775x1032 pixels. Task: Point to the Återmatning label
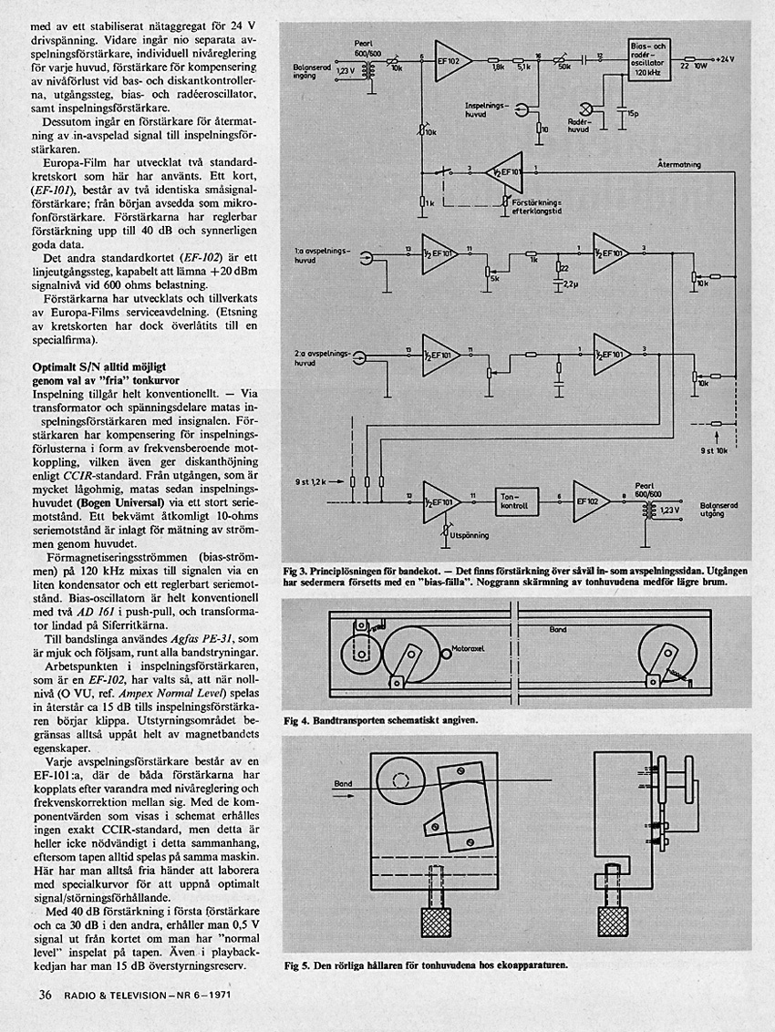679,165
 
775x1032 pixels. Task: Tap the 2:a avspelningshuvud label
315,357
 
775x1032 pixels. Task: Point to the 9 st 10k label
715,450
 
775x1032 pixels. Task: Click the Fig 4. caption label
298,719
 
